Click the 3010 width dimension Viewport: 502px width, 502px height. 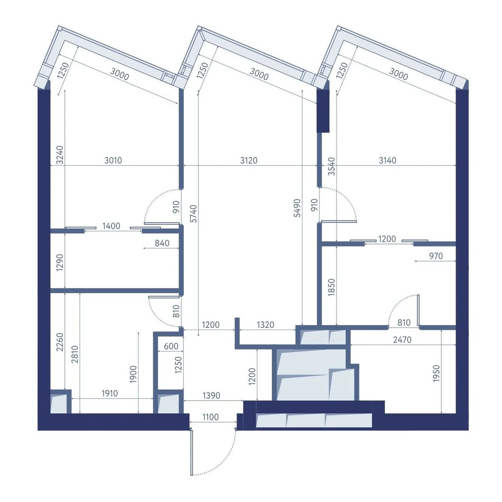point(113,160)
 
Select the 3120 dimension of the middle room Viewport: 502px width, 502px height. point(248,160)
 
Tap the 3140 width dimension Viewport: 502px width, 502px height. point(387,160)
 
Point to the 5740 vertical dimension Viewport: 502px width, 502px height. point(194,214)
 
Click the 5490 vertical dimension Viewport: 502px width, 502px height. point(297,208)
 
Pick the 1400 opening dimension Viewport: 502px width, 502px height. point(111,226)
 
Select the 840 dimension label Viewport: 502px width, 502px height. point(162,243)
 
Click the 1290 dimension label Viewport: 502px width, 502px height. point(60,262)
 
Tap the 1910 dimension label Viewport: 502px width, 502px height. point(110,393)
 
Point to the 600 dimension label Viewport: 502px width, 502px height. point(171,346)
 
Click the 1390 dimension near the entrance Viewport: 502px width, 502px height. point(211,395)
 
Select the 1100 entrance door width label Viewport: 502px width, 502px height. point(210,417)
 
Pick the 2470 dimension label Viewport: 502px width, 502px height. point(402,340)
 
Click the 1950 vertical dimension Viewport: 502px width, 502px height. point(436,374)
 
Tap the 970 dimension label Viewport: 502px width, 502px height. point(436,256)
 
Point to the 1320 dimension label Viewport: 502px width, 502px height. point(266,325)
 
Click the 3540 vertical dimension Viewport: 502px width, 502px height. point(331,166)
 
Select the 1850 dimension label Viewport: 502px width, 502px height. point(331,287)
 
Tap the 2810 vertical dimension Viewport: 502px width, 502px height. point(75,354)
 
